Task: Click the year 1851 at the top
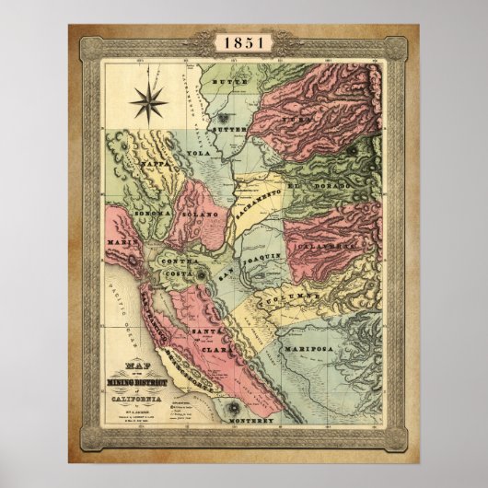click(244, 43)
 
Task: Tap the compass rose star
click(148, 101)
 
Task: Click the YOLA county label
click(198, 155)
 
